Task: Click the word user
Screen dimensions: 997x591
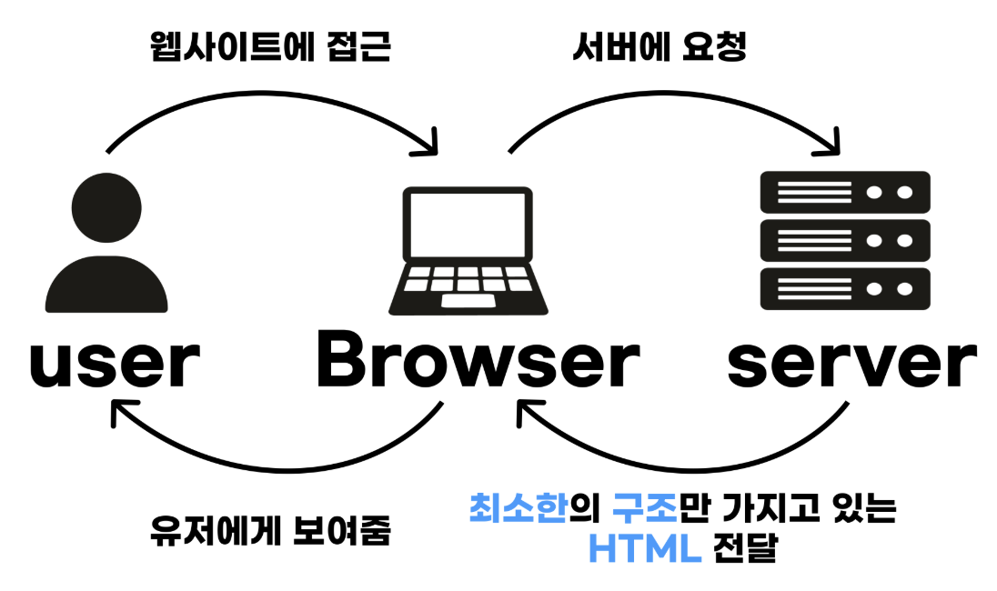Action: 115,363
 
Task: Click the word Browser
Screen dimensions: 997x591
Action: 477,363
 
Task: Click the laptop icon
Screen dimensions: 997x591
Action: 467,251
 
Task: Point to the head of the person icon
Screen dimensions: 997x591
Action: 106,205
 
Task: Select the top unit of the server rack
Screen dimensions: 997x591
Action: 845,192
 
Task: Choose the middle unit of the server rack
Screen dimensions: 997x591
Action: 845,240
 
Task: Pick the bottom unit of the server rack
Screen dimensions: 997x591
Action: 845,289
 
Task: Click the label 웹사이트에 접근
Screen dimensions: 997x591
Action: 269,47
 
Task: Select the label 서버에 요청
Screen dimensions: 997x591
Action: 659,47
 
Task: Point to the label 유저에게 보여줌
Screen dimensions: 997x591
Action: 269,531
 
